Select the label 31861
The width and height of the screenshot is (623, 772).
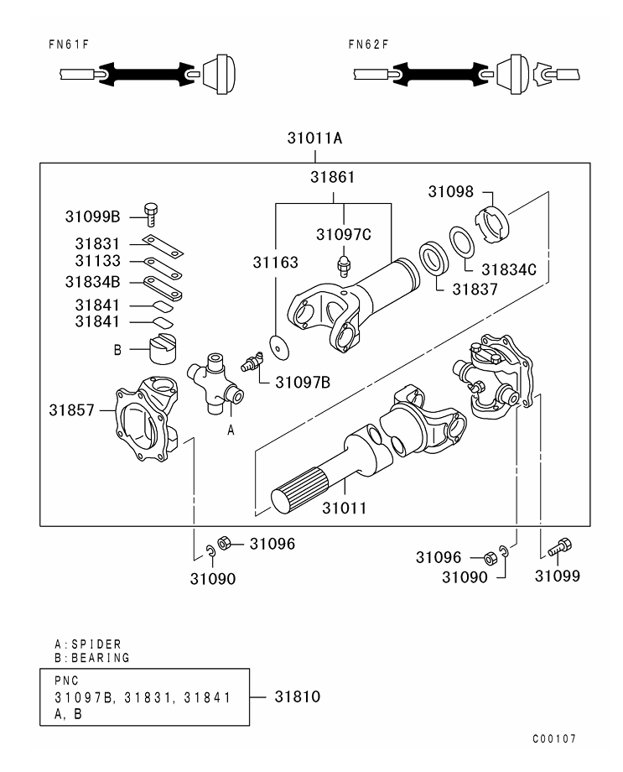pyautogui.click(x=332, y=178)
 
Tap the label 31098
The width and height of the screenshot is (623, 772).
pyautogui.click(x=451, y=191)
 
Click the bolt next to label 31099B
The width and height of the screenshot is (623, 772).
pyautogui.click(x=152, y=214)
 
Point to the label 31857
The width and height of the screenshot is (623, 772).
pyautogui.click(x=70, y=410)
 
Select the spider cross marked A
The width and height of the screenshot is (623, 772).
pyautogui.click(x=215, y=384)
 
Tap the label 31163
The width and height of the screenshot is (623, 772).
pyautogui.click(x=276, y=262)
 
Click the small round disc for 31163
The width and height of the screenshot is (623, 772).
pyautogui.click(x=276, y=344)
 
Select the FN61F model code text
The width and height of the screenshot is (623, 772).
pyautogui.click(x=69, y=44)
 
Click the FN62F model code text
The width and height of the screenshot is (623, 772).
pyautogui.click(x=370, y=44)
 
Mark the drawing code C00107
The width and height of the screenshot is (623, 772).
pyautogui.click(x=554, y=739)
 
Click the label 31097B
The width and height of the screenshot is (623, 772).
pyautogui.click(x=303, y=382)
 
